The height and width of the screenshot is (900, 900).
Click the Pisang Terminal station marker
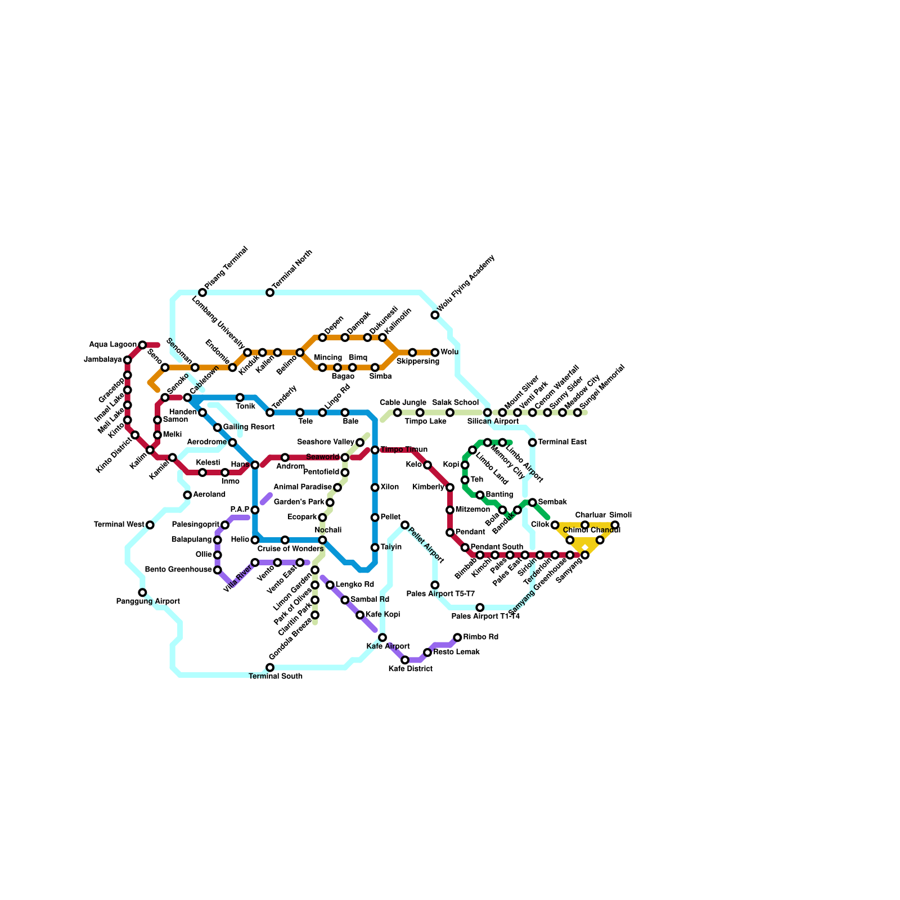coord(202,292)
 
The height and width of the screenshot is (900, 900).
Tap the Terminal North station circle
coord(270,292)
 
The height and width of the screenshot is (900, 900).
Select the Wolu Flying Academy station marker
coord(435,315)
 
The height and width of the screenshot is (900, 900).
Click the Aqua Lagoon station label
coord(112,345)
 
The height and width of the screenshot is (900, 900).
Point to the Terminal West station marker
coord(150,525)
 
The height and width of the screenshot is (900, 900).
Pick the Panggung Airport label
coord(148,601)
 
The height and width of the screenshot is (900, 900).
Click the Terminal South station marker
coord(270,667)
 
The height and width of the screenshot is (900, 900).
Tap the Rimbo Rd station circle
coord(457,637)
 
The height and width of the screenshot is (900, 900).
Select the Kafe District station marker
coord(405,660)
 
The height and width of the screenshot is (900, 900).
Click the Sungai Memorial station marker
coord(578,413)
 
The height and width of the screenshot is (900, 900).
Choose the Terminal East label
coord(562,442)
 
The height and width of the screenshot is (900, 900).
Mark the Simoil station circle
coord(615,525)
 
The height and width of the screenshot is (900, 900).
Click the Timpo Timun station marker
coord(375,450)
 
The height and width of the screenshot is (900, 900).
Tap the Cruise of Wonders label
coord(290,549)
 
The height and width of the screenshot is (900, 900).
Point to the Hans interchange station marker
coord(255,465)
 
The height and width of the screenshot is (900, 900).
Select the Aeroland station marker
coord(187,495)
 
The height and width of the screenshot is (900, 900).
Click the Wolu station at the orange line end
coord(435,352)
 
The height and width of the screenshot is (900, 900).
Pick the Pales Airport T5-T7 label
coord(440,594)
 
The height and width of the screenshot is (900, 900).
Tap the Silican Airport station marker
coord(488,413)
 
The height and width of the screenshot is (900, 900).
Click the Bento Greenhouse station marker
coord(218,570)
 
